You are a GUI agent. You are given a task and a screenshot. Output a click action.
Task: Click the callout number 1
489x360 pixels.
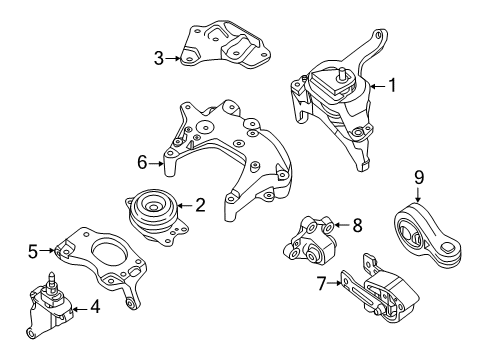(393, 85)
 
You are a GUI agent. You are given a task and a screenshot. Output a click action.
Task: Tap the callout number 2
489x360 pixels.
(200, 205)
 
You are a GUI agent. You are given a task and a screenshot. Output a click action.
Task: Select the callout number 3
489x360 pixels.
(159, 58)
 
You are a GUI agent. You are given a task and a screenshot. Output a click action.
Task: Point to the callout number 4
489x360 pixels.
(95, 306)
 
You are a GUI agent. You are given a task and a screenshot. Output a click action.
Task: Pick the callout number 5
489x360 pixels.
(33, 251)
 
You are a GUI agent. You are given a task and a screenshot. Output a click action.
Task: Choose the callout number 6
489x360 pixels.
(142, 163)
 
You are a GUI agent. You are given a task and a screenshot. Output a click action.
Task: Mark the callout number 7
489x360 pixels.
(321, 284)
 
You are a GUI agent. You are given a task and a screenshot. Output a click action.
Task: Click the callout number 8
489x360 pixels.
(357, 225)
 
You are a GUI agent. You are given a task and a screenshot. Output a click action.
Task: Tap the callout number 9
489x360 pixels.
(419, 177)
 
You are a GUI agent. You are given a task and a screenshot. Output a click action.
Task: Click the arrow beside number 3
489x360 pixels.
(173, 58)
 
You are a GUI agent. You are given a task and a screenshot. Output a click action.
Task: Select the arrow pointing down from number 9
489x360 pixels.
(418, 194)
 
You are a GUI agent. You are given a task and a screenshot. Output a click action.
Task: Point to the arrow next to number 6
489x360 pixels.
(156, 163)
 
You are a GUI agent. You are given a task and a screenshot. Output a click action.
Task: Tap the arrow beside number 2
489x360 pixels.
(185, 206)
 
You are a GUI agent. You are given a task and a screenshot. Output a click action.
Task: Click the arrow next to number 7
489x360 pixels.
(335, 283)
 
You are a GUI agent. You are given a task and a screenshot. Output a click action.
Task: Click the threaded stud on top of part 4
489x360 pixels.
(51, 279)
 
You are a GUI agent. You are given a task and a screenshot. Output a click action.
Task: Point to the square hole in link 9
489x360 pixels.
(447, 247)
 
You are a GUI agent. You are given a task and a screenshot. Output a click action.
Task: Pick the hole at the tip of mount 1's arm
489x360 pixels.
(378, 34)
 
